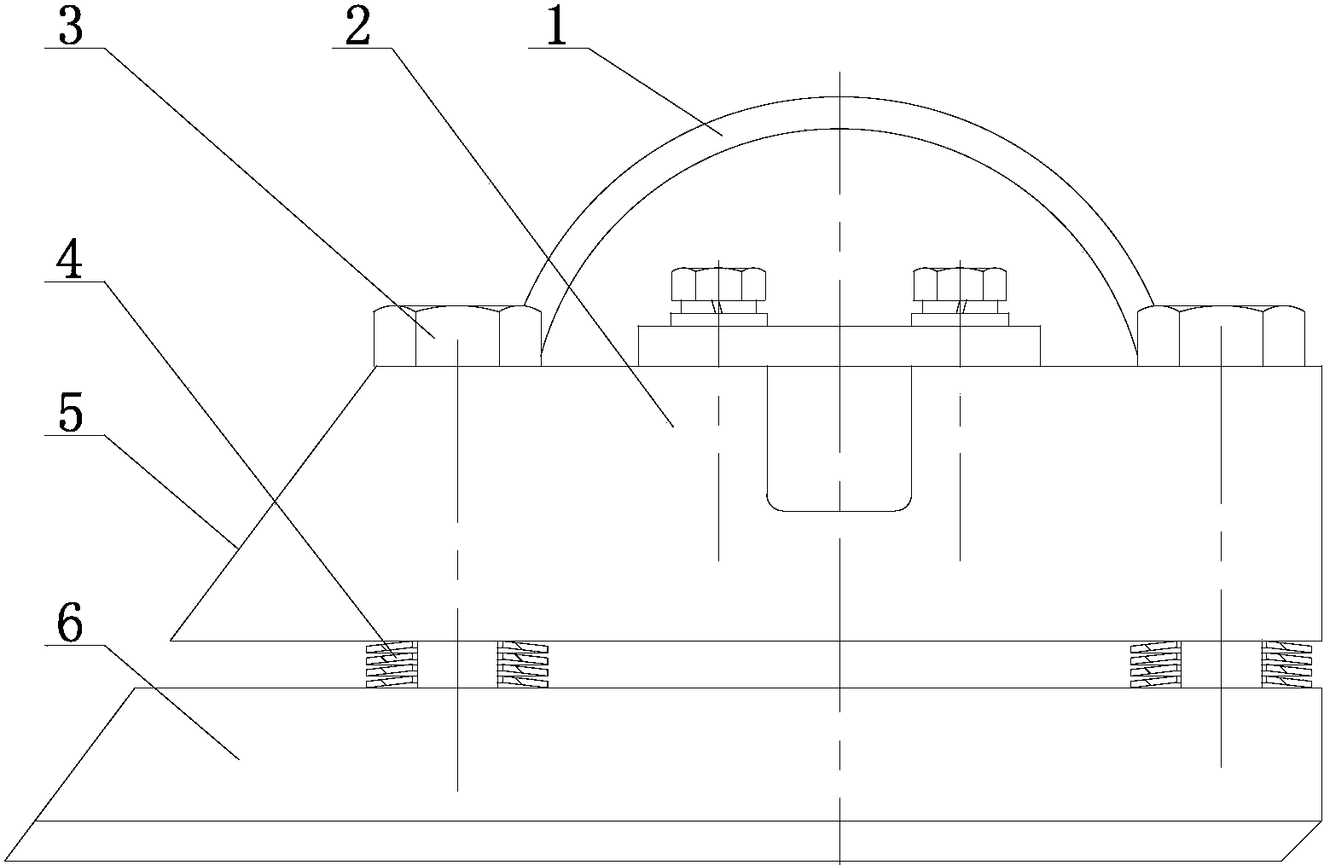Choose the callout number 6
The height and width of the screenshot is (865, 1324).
click(70, 625)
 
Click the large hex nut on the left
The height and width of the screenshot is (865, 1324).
click(457, 336)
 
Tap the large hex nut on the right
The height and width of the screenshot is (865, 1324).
click(1221, 336)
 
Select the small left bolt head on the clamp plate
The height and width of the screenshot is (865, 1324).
click(718, 283)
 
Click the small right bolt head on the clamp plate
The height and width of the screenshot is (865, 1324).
click(960, 283)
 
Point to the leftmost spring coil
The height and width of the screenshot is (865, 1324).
click(392, 665)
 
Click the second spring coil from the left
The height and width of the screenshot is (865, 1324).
click(522, 665)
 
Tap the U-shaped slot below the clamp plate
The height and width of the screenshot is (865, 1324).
click(839, 444)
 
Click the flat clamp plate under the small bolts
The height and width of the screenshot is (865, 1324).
click(839, 346)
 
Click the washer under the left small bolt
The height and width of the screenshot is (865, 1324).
click(718, 320)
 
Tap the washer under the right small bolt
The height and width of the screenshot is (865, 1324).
click(960, 320)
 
